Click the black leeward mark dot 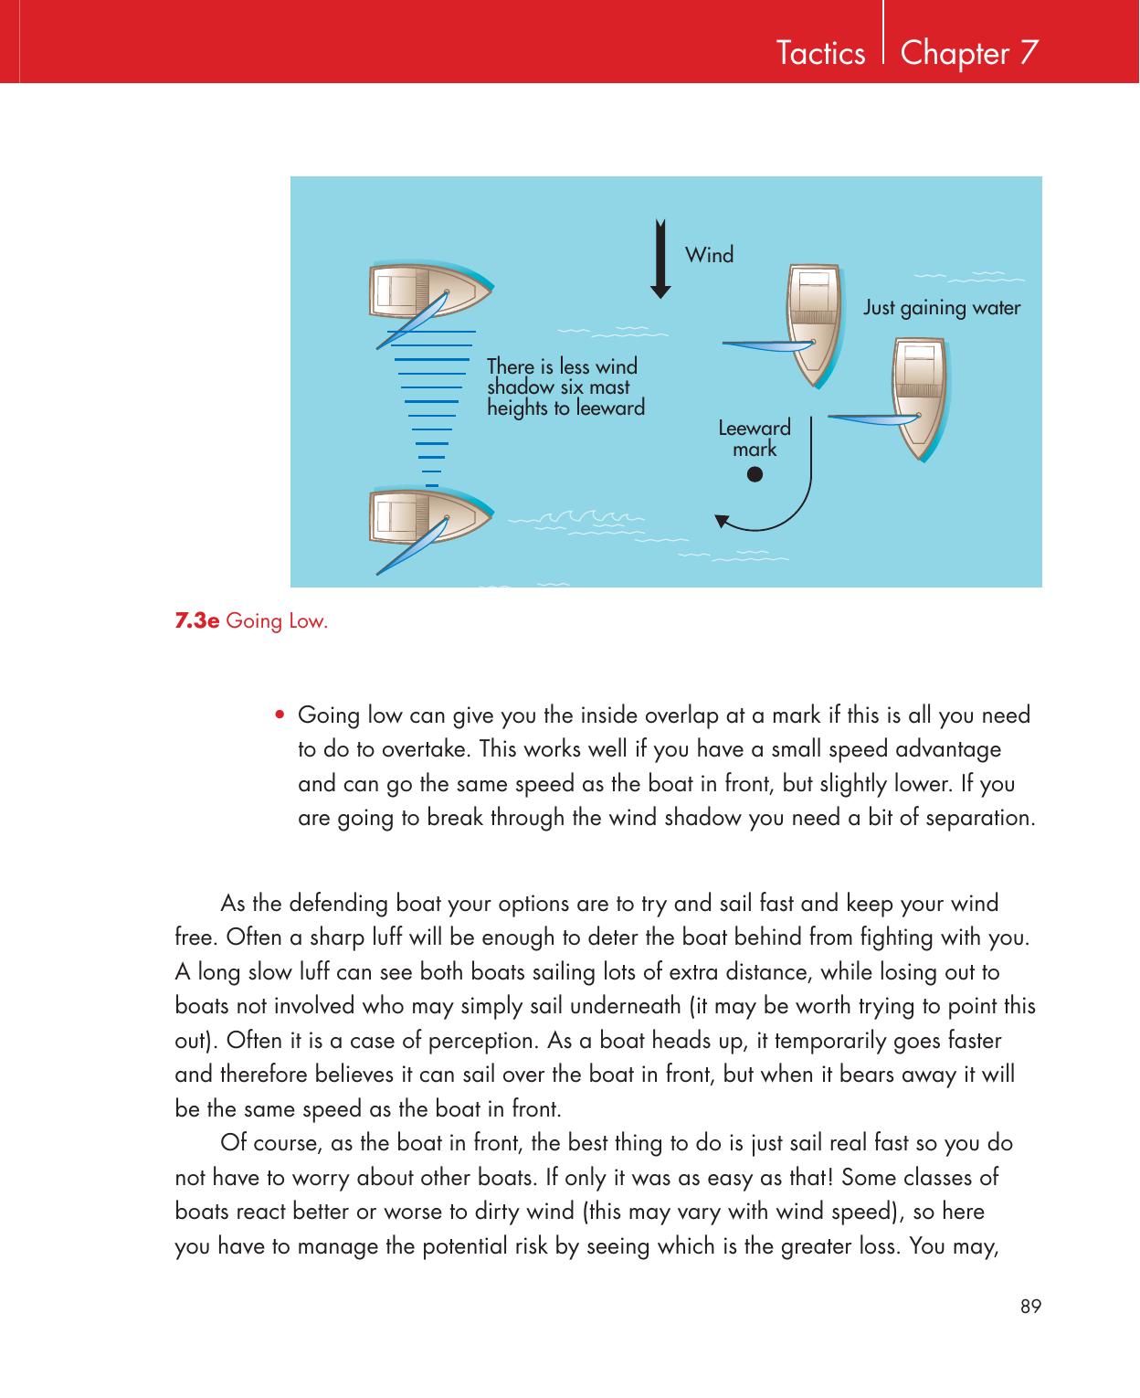coord(754,475)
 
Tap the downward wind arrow coord(660,260)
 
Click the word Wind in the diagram coord(709,255)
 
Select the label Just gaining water coord(942,308)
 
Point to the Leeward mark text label coord(755,439)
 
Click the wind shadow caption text coord(565,387)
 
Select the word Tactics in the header coord(820,54)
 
